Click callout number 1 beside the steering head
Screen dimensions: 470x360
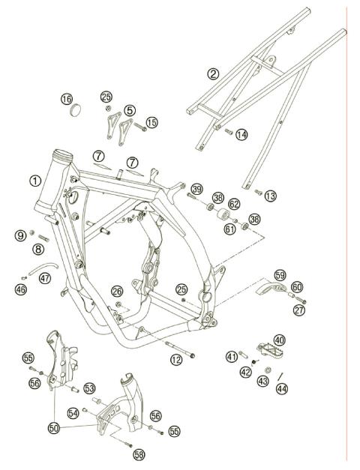click(34, 180)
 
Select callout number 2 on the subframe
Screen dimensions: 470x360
click(214, 73)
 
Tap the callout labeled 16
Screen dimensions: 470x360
click(67, 100)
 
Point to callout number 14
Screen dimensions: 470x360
click(241, 135)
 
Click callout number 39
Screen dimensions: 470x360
click(196, 188)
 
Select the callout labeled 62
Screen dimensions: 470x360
click(234, 203)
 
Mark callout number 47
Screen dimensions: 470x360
click(46, 278)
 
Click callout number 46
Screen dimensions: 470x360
click(21, 289)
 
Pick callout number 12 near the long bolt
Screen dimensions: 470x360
click(176, 361)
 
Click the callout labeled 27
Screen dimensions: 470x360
click(300, 308)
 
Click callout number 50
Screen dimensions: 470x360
click(53, 427)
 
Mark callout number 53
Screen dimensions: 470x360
click(89, 388)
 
